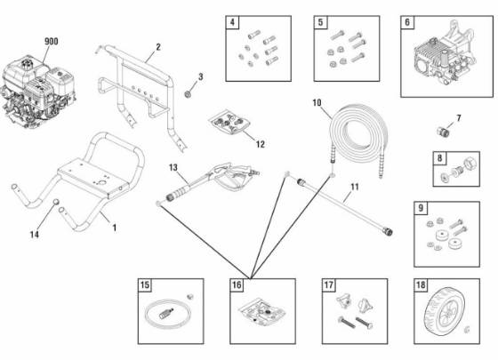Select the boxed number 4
point(233,22)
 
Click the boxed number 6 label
point(408,23)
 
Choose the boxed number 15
point(145,285)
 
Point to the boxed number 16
point(236,285)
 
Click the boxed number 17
point(328,285)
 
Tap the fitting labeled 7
point(438,129)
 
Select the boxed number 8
point(439,158)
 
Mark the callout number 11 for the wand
point(353,188)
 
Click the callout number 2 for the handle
point(157,46)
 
